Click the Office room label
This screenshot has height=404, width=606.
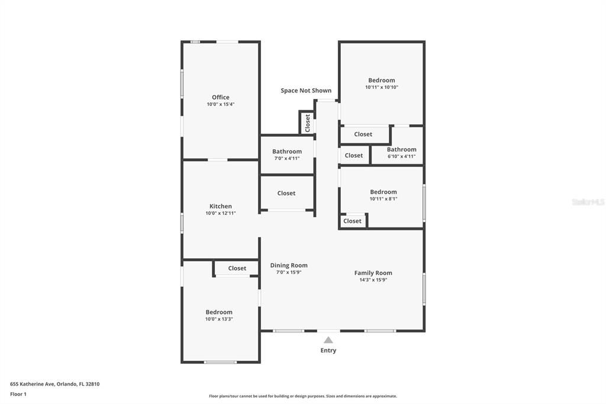coord(221,97)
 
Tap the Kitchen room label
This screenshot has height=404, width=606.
coord(221,206)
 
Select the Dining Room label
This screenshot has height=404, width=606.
coord(289,265)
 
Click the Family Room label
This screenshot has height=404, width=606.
coord(373,273)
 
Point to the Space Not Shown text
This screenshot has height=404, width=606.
coord(306,91)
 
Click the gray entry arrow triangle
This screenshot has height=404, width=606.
coord(328,340)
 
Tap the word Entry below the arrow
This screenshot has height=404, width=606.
coord(328,350)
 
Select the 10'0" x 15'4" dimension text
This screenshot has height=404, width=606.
coord(221,104)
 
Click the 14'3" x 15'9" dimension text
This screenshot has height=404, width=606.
coord(373,280)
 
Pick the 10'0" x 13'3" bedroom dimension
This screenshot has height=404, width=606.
coord(219,319)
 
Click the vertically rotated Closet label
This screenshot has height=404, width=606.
coord(307,123)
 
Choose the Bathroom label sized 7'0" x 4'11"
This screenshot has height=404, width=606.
coord(287,152)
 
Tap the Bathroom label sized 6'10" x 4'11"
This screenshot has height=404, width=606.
coord(402,149)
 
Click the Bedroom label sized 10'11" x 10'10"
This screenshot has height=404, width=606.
coord(382,81)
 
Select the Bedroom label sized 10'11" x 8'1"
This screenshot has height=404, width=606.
coord(383,192)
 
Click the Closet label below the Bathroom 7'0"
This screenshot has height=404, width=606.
coord(286,193)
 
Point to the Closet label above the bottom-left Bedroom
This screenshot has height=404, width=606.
coord(237,268)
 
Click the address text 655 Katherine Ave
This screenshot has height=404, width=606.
coord(54,384)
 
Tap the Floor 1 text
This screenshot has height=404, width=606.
coord(18,394)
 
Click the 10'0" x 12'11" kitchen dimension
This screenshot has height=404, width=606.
coord(221,213)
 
